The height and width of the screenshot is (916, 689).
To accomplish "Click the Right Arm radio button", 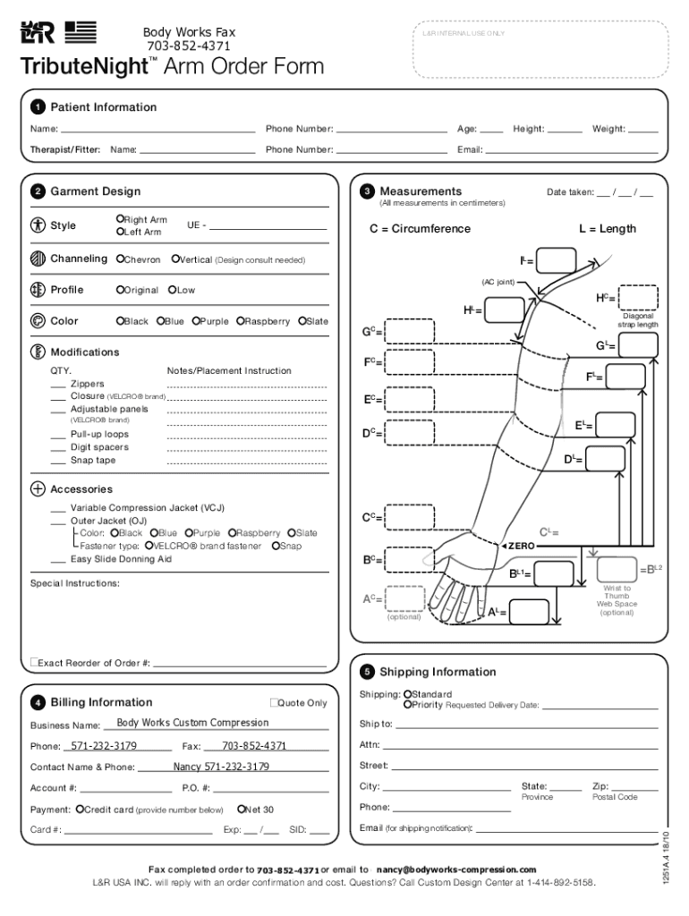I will click(120, 219).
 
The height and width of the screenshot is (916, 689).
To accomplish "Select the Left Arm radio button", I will click(120, 233).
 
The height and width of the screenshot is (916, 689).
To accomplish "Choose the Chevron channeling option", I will click(120, 259).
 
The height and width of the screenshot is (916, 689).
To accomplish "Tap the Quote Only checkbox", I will click(274, 703).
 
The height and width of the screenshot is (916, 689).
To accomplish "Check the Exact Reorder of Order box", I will click(34, 662).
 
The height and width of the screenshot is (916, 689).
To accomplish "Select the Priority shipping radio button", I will click(407, 705).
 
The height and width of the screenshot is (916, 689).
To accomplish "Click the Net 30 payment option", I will click(242, 809).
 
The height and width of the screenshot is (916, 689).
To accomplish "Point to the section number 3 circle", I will click(367, 191).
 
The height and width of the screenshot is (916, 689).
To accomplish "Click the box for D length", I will click(606, 459).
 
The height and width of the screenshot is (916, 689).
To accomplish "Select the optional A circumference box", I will click(405, 598).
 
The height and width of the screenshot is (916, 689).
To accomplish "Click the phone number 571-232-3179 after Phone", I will click(100, 745).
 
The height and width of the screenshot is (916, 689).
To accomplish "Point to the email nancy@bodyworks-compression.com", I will click(456, 869).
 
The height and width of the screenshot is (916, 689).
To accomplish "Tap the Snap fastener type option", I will click(276, 546).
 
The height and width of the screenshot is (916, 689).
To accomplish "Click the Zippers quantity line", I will click(57, 384).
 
